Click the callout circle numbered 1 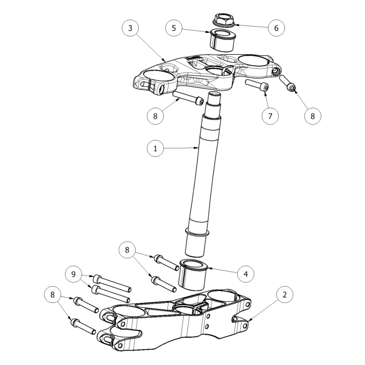click(155, 148)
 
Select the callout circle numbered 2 click(285, 295)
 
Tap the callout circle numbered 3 click(130, 28)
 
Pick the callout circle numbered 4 click(246, 274)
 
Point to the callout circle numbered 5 click(174, 28)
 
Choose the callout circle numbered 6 click(276, 28)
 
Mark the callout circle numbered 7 click(270, 116)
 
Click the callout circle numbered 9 click(74, 274)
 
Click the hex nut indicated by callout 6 click(224, 19)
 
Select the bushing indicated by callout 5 click(223, 40)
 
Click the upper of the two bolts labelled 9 click(112, 283)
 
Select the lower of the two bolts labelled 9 click(111, 294)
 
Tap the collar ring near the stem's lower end click(197, 233)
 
